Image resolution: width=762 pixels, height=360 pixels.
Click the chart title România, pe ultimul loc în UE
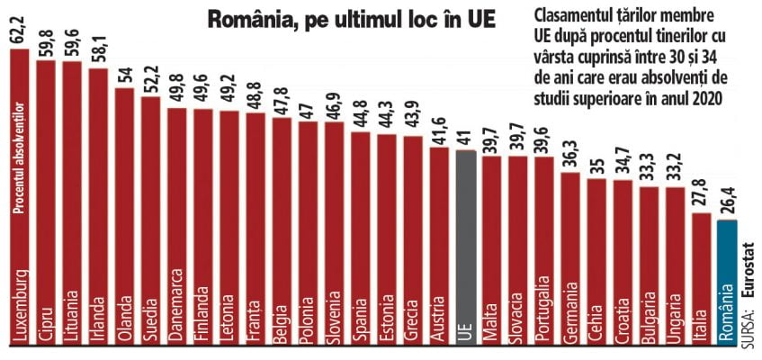click(x=338, y=20)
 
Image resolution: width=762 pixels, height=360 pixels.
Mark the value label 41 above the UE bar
click(x=465, y=137)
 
